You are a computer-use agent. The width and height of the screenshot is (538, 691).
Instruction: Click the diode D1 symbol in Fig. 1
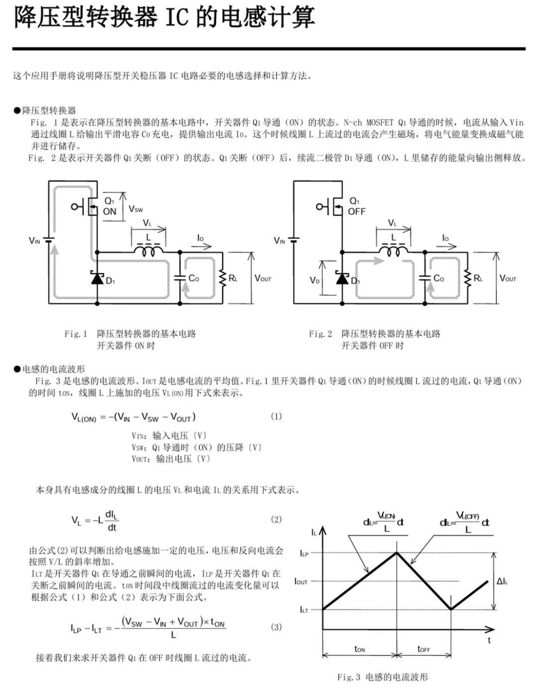pos(97,277)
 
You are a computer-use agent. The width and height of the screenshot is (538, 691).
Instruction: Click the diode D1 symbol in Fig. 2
pos(342,277)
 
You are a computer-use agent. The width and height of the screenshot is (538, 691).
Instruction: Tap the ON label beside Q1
pos(110,211)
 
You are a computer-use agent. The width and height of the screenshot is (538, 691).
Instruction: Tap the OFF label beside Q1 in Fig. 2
pos(357,211)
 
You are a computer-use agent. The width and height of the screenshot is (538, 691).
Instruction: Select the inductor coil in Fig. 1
pos(148,251)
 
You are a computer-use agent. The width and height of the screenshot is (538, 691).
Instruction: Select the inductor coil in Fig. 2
pos(394,251)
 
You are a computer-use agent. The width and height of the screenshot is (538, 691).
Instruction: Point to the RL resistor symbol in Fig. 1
pos(223,278)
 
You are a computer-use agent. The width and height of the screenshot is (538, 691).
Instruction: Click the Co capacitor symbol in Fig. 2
pos(425,278)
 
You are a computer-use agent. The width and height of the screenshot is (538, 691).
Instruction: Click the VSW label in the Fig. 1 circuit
pos(135,209)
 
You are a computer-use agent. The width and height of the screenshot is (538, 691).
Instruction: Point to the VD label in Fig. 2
pos(314,280)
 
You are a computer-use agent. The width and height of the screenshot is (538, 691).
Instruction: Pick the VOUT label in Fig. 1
pos(263,278)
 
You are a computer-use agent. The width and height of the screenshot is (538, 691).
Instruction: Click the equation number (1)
pos(276,416)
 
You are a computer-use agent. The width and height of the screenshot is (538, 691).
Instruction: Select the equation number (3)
pos(276,627)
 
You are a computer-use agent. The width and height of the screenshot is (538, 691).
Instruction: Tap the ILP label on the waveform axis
pos(304,553)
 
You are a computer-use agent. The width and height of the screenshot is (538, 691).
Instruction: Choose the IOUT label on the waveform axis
pos(301,581)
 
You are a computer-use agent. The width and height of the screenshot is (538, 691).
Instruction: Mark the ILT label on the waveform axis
pos(304,609)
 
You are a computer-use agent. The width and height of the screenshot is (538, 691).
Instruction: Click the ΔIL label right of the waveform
pos(502,581)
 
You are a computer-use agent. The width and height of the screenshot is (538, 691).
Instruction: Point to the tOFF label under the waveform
pos(423,649)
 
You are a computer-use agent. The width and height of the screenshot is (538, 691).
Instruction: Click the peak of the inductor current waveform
pos(397,553)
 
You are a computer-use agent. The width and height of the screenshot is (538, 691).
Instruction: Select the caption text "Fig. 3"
pos(349,677)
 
